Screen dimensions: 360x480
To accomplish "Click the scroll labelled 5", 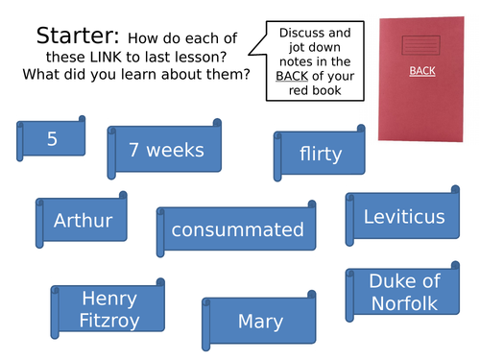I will click(x=52, y=139).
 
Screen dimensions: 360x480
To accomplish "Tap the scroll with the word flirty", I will click(x=320, y=154).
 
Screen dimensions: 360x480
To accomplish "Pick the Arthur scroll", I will click(x=83, y=221).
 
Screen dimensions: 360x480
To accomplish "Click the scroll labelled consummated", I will click(x=237, y=230).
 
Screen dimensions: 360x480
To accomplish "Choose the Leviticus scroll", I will click(x=403, y=217).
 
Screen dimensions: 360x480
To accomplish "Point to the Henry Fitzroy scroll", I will click(x=109, y=309).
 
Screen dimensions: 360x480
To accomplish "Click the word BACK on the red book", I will click(x=421, y=70).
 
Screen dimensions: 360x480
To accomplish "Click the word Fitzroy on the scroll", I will click(x=109, y=321).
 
